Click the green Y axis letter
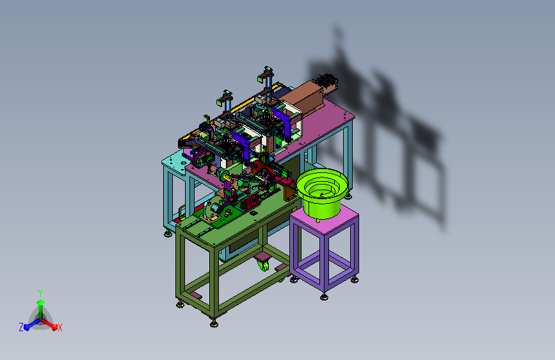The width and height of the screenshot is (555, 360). (x=40, y=293)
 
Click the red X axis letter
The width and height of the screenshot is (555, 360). (x=60, y=327)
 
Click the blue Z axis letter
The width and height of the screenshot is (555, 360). (x=21, y=327)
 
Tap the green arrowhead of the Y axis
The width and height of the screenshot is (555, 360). (x=41, y=302)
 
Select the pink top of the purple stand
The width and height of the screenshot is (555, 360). (x=324, y=218)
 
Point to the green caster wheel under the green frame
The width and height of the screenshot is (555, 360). (x=263, y=265)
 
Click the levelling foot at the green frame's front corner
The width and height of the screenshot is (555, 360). (x=214, y=323)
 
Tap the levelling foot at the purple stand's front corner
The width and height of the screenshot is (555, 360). (x=324, y=297)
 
